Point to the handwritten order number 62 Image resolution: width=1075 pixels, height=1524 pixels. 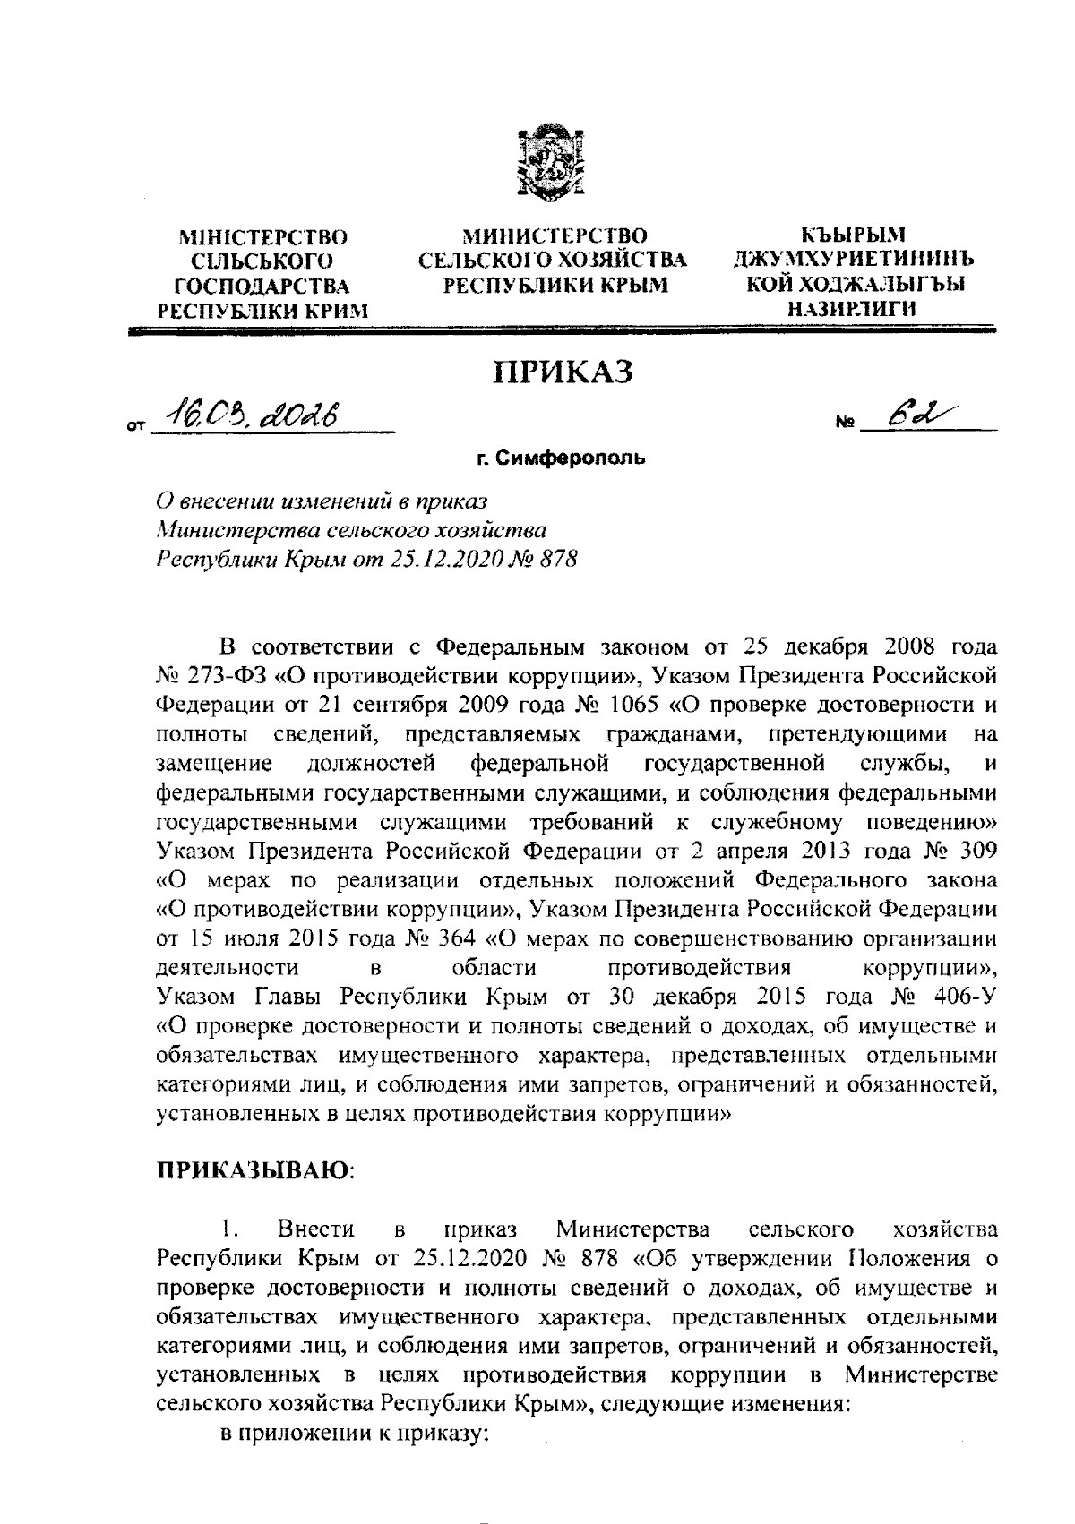[x=906, y=414]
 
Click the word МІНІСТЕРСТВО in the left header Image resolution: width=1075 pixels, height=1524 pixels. [x=263, y=238]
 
